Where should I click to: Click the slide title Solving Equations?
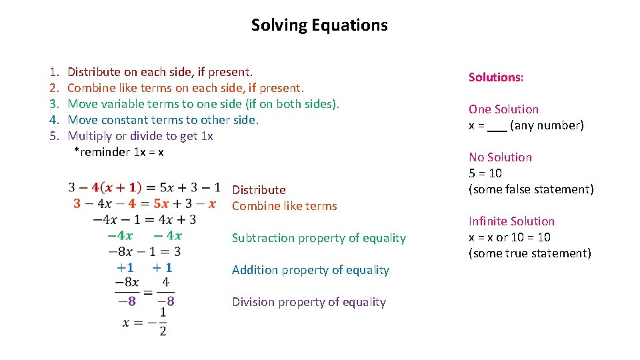(x=319, y=25)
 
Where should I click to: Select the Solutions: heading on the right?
(x=495, y=77)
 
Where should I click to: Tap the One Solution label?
(x=503, y=109)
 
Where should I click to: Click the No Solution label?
(x=500, y=157)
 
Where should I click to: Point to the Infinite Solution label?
(x=511, y=221)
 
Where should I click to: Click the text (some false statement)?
(x=531, y=189)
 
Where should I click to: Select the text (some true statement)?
(x=529, y=253)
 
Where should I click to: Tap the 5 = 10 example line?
(x=485, y=173)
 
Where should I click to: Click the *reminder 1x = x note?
(x=119, y=152)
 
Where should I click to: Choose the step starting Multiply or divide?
(x=140, y=136)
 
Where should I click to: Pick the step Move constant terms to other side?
(x=163, y=120)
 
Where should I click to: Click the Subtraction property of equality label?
(x=319, y=238)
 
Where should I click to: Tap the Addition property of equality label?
(x=310, y=270)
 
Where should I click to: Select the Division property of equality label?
(x=309, y=302)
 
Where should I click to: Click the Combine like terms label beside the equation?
(x=284, y=206)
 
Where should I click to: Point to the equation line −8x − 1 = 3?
(x=145, y=251)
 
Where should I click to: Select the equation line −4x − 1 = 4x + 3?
(x=145, y=219)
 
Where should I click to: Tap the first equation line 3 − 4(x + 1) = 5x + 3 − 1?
(x=145, y=187)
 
